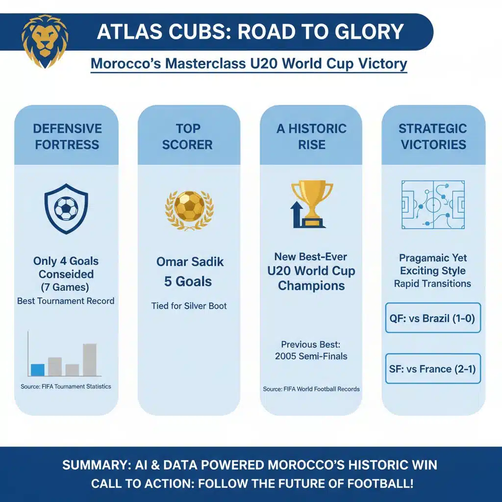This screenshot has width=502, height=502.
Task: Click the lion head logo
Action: point(45,41)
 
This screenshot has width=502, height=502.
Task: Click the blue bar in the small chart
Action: point(38,370)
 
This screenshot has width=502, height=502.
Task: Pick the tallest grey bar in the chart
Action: point(90,359)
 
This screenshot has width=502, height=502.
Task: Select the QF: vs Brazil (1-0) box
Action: point(433,318)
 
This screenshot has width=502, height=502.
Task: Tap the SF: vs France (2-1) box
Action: point(433,369)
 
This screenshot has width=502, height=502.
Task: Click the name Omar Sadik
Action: point(190,262)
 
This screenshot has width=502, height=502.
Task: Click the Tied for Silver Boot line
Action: point(189,306)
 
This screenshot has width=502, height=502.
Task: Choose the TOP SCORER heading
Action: point(188,137)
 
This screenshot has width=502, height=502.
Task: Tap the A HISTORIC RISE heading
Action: point(311,137)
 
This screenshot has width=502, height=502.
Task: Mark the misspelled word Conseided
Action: point(66,275)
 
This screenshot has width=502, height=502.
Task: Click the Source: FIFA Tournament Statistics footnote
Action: point(66,387)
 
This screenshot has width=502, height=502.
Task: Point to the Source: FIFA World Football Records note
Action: point(311,389)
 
